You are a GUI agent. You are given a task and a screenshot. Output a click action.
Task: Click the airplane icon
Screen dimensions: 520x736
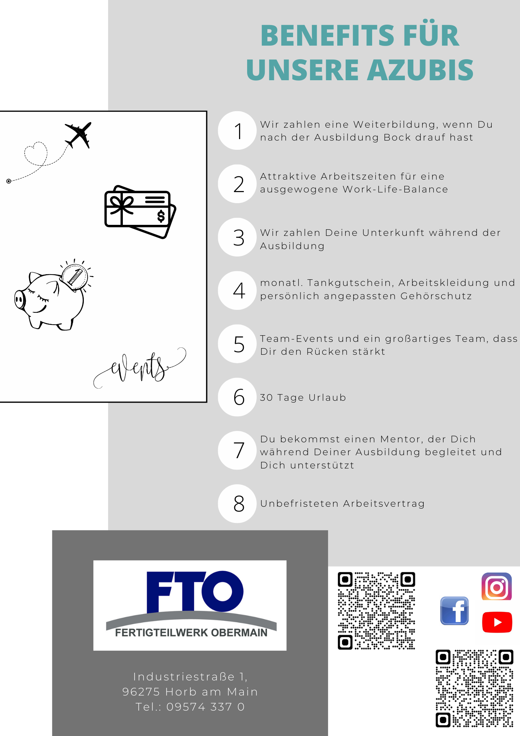(x=78, y=135)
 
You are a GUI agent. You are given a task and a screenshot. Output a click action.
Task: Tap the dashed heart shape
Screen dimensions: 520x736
(x=36, y=153)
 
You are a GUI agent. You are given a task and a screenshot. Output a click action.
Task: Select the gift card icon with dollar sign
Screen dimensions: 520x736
(x=140, y=212)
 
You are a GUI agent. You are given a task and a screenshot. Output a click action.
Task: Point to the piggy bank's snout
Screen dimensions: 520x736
(x=20, y=300)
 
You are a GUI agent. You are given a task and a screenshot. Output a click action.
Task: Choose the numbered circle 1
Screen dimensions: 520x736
(x=237, y=131)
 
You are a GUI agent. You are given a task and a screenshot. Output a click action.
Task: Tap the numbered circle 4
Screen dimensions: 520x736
(x=237, y=290)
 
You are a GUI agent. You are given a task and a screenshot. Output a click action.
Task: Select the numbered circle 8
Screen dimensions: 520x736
(x=237, y=503)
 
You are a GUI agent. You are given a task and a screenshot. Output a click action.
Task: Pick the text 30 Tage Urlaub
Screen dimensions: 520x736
(x=303, y=397)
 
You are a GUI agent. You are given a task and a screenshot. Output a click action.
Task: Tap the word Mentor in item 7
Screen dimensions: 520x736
(x=401, y=439)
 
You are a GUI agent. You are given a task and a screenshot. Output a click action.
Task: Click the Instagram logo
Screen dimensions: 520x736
(x=496, y=587)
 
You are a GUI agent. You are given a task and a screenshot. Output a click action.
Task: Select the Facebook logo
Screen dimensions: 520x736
(x=455, y=611)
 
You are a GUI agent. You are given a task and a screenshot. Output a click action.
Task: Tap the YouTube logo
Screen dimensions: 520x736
(x=497, y=622)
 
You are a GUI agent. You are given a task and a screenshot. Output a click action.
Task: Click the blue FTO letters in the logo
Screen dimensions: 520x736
(x=195, y=591)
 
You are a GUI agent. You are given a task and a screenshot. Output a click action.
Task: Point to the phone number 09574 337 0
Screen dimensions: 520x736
(x=205, y=707)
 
